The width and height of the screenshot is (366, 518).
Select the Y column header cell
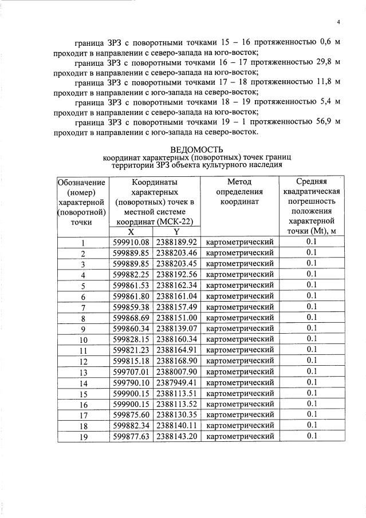click(x=176, y=232)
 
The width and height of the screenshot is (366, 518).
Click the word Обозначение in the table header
click(x=81, y=181)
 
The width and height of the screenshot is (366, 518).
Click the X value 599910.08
click(x=131, y=242)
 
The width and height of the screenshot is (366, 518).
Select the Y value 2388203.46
click(x=176, y=253)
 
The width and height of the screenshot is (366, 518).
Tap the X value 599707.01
click(x=131, y=371)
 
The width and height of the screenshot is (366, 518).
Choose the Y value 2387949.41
click(x=176, y=382)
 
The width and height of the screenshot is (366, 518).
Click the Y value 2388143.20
click(x=176, y=436)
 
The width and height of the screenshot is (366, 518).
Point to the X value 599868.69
click(x=131, y=318)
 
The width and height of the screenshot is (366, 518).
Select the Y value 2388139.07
click(x=176, y=329)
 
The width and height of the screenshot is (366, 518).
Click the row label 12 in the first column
click(x=83, y=361)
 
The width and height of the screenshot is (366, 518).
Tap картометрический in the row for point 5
click(x=239, y=285)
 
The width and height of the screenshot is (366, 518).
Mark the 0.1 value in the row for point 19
click(x=312, y=436)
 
